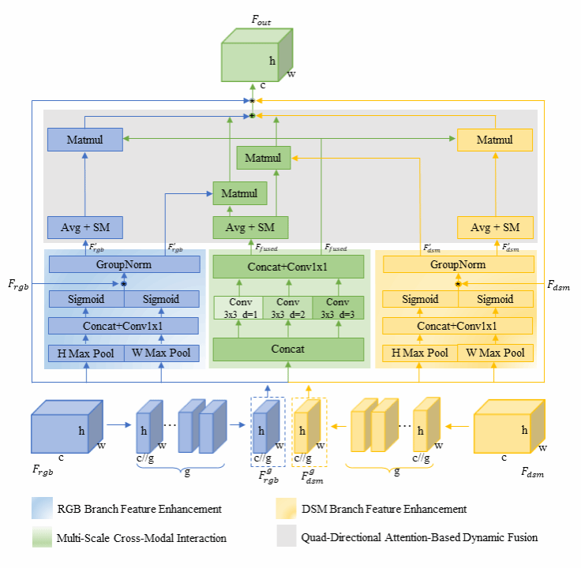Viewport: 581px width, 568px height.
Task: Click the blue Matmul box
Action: (x=84, y=140)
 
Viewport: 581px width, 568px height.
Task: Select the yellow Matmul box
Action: (x=495, y=140)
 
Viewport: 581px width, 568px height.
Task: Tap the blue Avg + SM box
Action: (x=84, y=228)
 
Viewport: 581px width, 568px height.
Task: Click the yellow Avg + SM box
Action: (x=495, y=228)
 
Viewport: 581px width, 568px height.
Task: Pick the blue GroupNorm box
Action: (x=123, y=266)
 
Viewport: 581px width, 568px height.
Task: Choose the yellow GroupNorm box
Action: (x=457, y=266)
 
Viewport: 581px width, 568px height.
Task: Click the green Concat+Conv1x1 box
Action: (x=287, y=267)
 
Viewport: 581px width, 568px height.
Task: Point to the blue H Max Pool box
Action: (x=86, y=352)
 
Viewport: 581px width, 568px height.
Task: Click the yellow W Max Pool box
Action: (x=494, y=352)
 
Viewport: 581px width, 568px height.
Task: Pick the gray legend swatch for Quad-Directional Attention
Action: (x=286, y=537)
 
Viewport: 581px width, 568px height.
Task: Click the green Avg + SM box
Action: (x=250, y=228)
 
